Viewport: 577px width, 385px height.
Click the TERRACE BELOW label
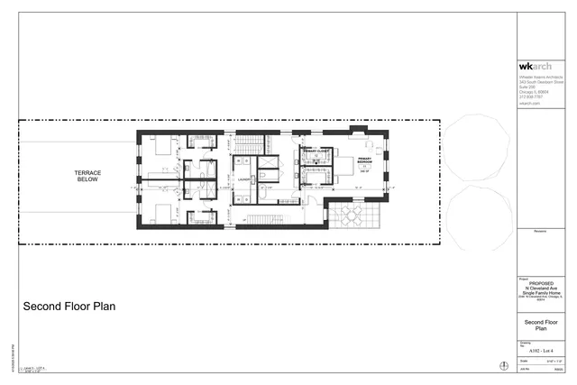click(x=87, y=176)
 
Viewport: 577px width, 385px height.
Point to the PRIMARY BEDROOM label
click(x=364, y=161)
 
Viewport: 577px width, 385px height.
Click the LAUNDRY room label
click(x=243, y=179)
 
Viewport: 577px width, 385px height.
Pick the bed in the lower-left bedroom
click(x=163, y=213)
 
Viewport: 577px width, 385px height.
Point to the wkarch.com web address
click(x=529, y=105)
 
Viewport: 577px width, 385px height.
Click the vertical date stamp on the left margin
click(x=13, y=359)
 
